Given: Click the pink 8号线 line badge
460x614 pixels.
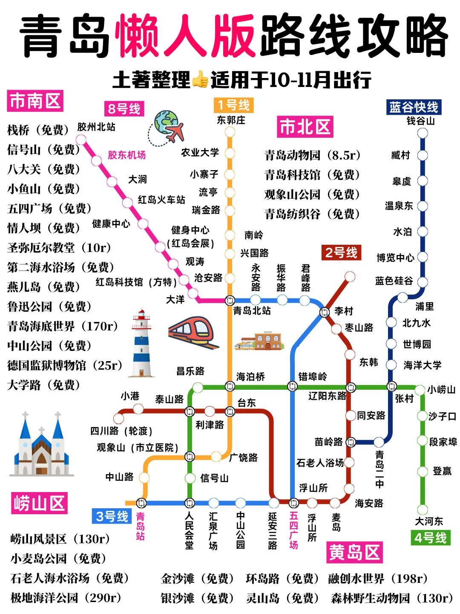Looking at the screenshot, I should pos(124,109).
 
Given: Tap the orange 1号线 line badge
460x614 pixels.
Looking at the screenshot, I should pos(233,105).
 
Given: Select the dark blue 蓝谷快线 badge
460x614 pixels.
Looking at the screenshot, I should pos(413,107).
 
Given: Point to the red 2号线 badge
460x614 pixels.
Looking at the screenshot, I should pos(341,253).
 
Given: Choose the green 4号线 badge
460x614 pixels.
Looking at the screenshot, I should pos(430,538).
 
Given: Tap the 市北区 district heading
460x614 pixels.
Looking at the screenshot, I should pos(305,127).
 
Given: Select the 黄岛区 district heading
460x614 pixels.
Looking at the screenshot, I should pos(354,553).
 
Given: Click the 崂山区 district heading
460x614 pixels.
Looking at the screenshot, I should pos(39,503).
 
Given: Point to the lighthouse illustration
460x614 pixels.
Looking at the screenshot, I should pos(141,344).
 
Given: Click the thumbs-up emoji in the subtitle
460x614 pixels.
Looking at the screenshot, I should pos(200,80).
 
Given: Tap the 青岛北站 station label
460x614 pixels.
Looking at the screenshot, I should pos(252,311).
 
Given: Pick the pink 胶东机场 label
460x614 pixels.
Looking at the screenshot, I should pos(126,155).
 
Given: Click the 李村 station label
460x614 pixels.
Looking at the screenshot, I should pos(343,311).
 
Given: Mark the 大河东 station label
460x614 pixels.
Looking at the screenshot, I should pos(429,521).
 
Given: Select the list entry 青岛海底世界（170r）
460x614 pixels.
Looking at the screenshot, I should pos(63,326).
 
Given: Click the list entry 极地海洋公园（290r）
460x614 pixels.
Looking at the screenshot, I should pos(66,598).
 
